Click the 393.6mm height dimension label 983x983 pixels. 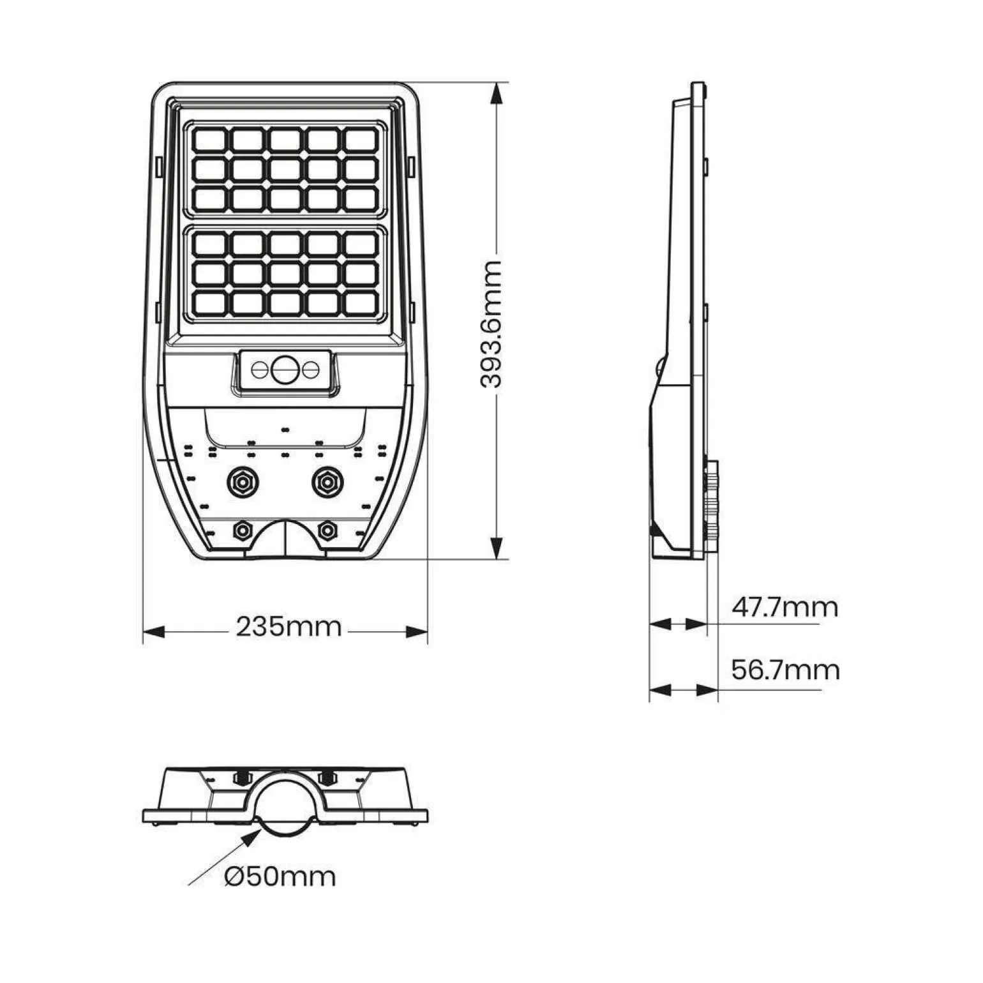point(491,324)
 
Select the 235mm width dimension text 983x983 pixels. point(289,627)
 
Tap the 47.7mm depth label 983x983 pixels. point(784,607)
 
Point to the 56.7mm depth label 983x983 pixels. point(785,670)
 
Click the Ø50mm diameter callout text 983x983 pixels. point(280,876)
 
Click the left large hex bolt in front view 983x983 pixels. point(243,482)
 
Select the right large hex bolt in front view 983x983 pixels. point(327,482)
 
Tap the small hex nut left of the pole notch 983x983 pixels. point(243,530)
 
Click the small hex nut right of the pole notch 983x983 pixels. point(327,530)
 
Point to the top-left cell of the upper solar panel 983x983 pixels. point(210,139)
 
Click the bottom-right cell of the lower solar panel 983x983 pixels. point(361,303)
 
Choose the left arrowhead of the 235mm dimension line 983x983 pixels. point(154,632)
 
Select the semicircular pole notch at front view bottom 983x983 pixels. point(285,539)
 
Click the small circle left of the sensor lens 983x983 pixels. point(260,369)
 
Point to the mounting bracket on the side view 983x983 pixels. point(710,504)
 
